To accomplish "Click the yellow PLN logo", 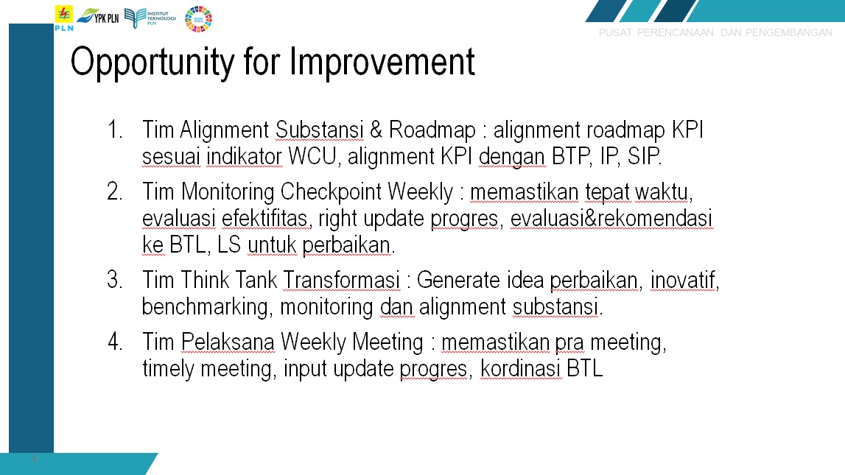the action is [63, 18].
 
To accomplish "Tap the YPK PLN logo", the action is [98, 17].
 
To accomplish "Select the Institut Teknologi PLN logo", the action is [150, 18].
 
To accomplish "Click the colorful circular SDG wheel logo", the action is [198, 19].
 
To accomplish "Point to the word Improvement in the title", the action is [382, 61].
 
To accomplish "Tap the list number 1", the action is [114, 130].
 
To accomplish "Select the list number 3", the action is [114, 280].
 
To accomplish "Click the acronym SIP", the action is [645, 157].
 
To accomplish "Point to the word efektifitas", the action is [264, 219].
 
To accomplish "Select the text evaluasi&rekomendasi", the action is [611, 219].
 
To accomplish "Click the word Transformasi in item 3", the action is [341, 280].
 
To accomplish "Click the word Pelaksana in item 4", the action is [228, 342].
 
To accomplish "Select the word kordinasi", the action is [521, 369].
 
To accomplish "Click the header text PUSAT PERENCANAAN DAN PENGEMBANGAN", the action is [715, 32].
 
